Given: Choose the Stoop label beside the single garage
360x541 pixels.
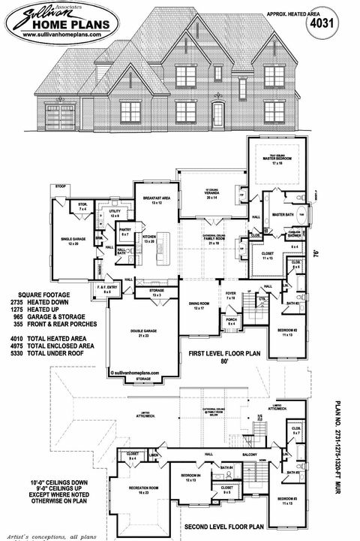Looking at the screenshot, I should click(61, 183).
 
